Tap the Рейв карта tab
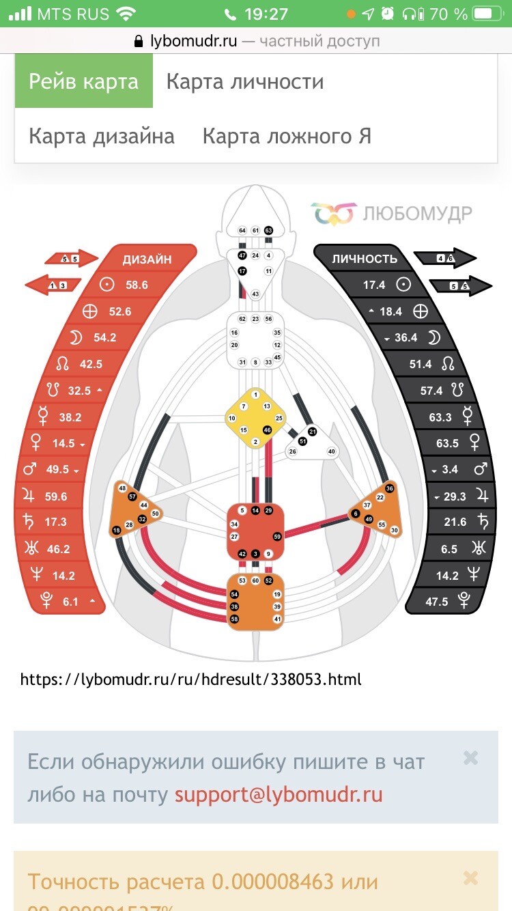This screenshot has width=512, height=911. [x=83, y=82]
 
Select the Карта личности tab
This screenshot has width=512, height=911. [x=244, y=82]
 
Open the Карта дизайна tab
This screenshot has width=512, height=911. [x=102, y=136]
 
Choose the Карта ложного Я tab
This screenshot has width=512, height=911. [x=287, y=136]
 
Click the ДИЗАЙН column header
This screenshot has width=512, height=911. [x=147, y=259]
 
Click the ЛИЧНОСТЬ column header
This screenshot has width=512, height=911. [x=365, y=259]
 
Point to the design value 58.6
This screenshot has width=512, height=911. [x=136, y=285]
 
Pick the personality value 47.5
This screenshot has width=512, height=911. [x=436, y=602]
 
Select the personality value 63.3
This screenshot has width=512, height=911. [x=440, y=417]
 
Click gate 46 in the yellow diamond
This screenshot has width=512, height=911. [x=267, y=430]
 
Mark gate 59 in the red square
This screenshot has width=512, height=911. [x=276, y=537]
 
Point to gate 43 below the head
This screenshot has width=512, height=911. [x=255, y=294]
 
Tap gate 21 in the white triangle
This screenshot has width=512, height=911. [x=312, y=432]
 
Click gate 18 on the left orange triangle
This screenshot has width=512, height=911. [x=117, y=531]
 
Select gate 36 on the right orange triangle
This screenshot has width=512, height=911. [x=390, y=488]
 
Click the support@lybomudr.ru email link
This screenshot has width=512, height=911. [x=279, y=795]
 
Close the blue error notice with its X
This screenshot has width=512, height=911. [x=470, y=757]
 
